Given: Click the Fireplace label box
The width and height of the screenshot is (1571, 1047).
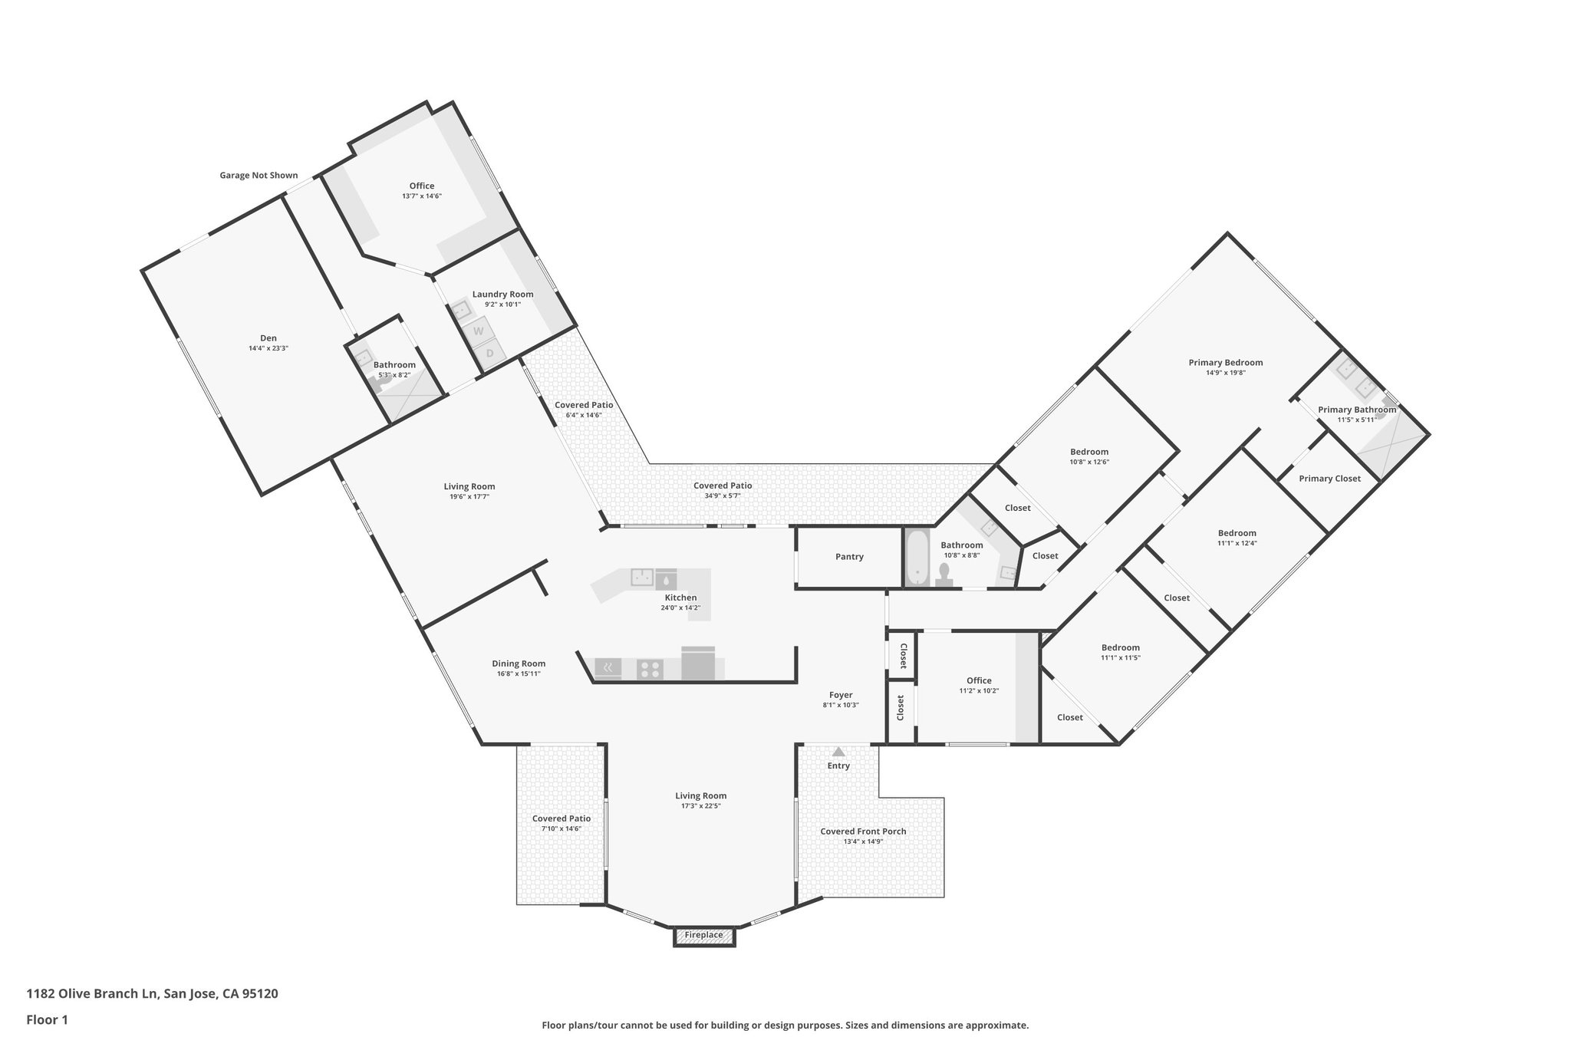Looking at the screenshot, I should (x=703, y=935).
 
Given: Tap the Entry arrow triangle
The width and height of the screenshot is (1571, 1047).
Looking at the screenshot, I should (x=838, y=752).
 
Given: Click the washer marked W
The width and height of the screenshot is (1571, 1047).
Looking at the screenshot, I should (x=479, y=331).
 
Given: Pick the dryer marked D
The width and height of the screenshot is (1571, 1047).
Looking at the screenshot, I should (x=489, y=353).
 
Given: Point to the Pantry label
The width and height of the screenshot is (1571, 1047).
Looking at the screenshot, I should (x=849, y=557).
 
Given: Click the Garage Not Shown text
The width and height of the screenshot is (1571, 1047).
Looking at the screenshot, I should (x=259, y=176).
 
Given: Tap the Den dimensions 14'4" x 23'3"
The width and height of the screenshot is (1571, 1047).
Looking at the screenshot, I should (x=268, y=348).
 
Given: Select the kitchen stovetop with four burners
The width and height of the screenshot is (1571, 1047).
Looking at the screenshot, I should (x=650, y=670).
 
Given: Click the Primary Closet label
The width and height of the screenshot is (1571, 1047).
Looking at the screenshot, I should (x=1329, y=479).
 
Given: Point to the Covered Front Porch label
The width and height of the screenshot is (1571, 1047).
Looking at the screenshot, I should (x=863, y=831).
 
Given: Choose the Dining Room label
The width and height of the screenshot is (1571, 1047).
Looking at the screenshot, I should (x=519, y=663).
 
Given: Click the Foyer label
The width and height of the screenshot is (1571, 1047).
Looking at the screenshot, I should (x=841, y=695).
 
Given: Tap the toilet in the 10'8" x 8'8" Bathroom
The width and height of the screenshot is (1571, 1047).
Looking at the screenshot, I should (x=944, y=575).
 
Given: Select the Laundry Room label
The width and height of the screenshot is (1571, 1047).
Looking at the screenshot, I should (x=502, y=295).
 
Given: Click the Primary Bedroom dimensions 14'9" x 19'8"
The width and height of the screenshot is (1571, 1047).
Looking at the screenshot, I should (x=1225, y=374).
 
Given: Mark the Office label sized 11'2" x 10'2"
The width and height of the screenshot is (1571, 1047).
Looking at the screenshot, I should (x=979, y=680).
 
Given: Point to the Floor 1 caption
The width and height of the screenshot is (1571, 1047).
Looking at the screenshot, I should (x=48, y=1020).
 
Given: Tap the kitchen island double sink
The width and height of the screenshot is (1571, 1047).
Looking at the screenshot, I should (x=642, y=577).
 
